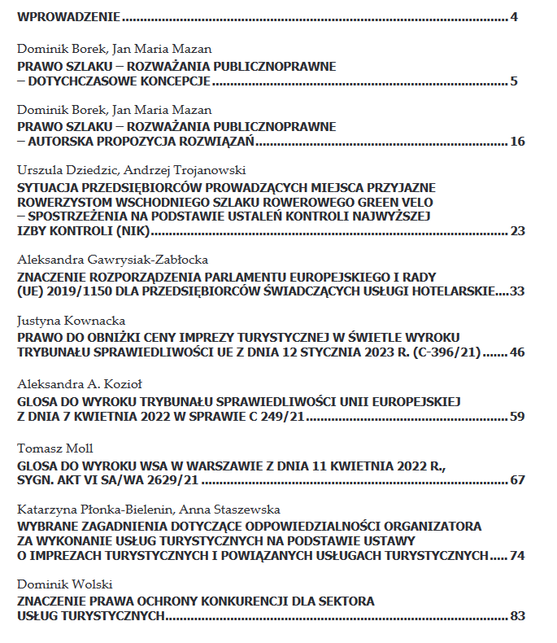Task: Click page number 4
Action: (514, 16)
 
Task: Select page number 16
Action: (518, 142)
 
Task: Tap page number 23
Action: (518, 231)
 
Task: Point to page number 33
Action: (518, 291)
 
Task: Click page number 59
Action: (518, 418)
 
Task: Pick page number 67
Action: (518, 479)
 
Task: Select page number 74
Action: (518, 556)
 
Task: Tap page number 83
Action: (518, 616)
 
